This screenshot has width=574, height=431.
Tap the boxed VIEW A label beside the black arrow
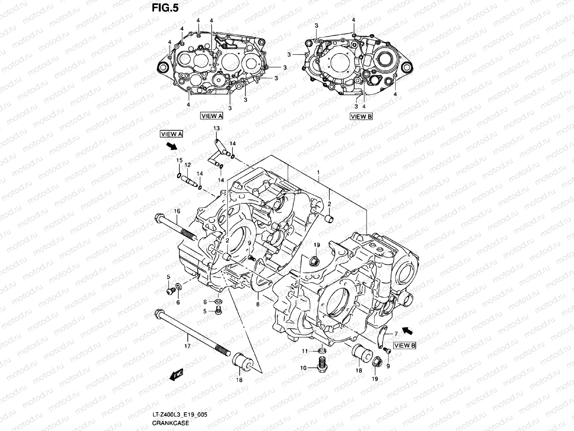pyautogui.click(x=172, y=134)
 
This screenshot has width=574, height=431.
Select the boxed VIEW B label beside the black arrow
pyautogui.click(x=405, y=346)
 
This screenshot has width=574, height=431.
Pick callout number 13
pyautogui.click(x=216, y=128)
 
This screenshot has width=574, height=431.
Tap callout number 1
pyautogui.click(x=318, y=173)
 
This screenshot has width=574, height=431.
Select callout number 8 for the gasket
pyautogui.click(x=258, y=304)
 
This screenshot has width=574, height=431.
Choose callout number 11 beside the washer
pyautogui.click(x=305, y=351)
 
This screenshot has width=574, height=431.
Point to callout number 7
pyautogui.click(x=396, y=334)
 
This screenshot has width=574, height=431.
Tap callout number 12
pyautogui.click(x=187, y=165)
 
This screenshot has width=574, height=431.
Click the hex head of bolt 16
pyautogui.click(x=160, y=218)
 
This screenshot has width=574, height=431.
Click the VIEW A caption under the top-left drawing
pyautogui.click(x=212, y=116)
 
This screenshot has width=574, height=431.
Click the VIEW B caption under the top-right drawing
pyautogui.click(x=361, y=116)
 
